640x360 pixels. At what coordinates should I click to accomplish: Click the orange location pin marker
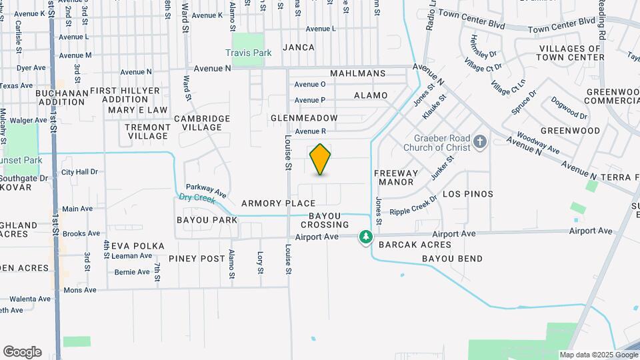click(x=321, y=159)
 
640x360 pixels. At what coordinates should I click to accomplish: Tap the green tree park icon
click(x=365, y=237)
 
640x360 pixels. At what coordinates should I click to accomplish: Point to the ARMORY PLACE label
click(x=278, y=203)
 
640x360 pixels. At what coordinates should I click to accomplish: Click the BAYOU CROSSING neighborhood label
click(x=329, y=220)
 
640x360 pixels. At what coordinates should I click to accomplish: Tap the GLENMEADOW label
click(x=304, y=118)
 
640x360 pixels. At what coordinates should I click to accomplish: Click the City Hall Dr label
click(x=79, y=171)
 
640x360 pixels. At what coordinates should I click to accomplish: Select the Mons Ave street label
click(x=79, y=290)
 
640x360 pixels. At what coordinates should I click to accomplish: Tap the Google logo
click(x=22, y=352)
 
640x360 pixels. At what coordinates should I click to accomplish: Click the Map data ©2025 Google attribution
click(x=599, y=355)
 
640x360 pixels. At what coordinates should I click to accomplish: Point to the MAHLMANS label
click(x=357, y=73)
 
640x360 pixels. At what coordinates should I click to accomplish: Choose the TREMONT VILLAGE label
click(x=148, y=131)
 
